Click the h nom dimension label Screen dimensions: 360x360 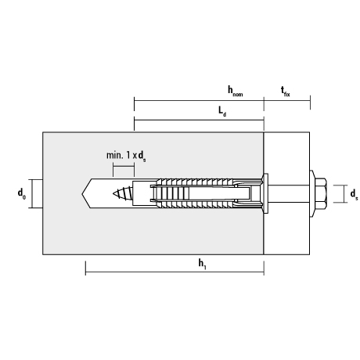pos(236,92)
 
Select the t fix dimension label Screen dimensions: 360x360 pos(286,92)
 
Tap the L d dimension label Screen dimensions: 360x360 pos(222,111)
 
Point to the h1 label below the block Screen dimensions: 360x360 pos(203,264)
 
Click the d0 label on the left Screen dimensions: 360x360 pos(22,194)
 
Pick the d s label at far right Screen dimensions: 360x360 pos(354,194)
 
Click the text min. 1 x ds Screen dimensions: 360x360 pos(126,156)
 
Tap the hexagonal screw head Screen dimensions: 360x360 pos(321,193)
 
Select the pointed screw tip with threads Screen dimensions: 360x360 pos(123,193)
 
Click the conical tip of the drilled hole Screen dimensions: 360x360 pos(87,193)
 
